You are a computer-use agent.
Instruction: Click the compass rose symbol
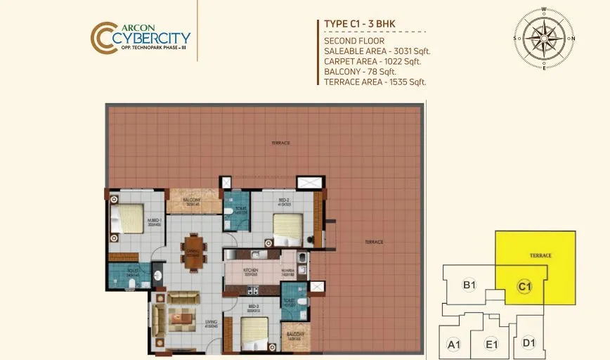click(x=544, y=39)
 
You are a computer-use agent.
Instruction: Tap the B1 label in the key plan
click(x=469, y=285)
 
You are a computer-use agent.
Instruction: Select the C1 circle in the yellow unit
click(x=524, y=286)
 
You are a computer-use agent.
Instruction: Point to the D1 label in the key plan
click(x=529, y=343)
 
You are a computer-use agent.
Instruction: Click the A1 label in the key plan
click(x=454, y=345)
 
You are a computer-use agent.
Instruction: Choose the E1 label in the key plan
click(x=492, y=345)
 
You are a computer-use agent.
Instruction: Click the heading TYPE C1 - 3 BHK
click(x=360, y=24)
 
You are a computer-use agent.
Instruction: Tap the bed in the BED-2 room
click(x=288, y=226)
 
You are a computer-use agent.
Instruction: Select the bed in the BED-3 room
click(x=254, y=333)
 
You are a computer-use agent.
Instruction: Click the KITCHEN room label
click(x=251, y=271)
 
